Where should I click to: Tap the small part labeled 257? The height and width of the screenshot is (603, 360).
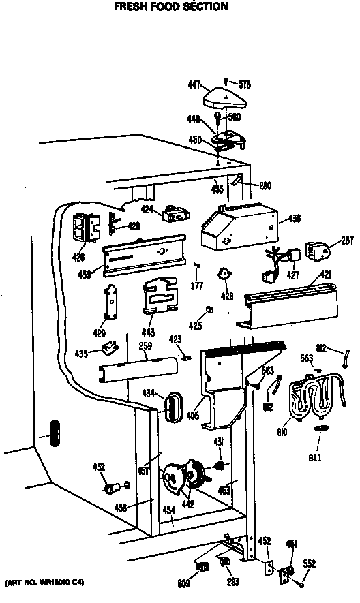click(x=318, y=252)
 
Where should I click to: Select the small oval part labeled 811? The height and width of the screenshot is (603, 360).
click(x=318, y=427)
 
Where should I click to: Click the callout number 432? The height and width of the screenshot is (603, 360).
click(x=99, y=467)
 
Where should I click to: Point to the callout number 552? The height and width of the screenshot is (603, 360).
click(x=309, y=563)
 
